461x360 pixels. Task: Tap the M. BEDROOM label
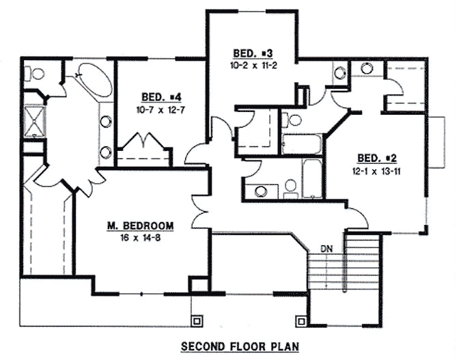pyautogui.click(x=139, y=225)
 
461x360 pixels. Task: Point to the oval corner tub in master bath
pyautogui.click(x=89, y=80)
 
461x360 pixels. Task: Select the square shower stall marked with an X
pyautogui.click(x=32, y=120)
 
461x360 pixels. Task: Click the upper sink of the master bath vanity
pyautogui.click(x=107, y=122)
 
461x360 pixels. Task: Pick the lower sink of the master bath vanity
pyautogui.click(x=107, y=152)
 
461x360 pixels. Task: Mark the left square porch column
pyautogui.click(x=197, y=319)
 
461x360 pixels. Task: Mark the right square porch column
pyautogui.click(x=300, y=319)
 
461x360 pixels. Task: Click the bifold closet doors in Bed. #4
pyautogui.click(x=146, y=144)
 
